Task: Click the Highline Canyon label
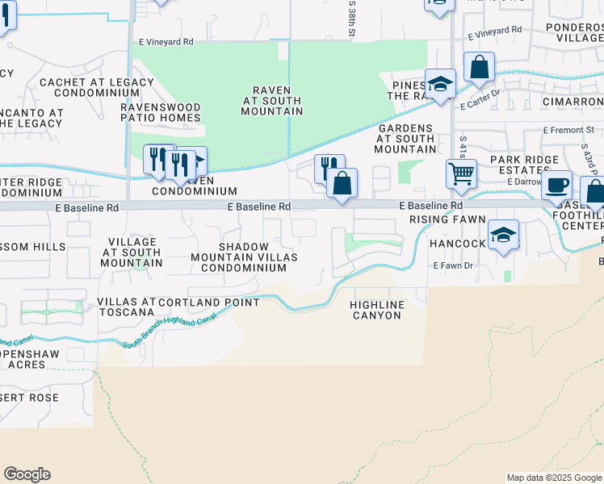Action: (x=375, y=310)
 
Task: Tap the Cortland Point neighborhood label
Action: (x=209, y=302)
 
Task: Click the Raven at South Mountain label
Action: (x=271, y=100)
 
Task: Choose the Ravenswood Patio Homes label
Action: (x=161, y=112)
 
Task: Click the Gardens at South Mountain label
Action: (x=405, y=139)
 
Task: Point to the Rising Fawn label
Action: (x=447, y=219)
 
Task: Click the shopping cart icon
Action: (x=460, y=173)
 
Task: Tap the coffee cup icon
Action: (x=556, y=185)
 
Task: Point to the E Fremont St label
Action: (x=568, y=129)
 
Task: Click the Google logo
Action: (x=27, y=474)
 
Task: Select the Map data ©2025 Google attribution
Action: (x=554, y=478)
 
